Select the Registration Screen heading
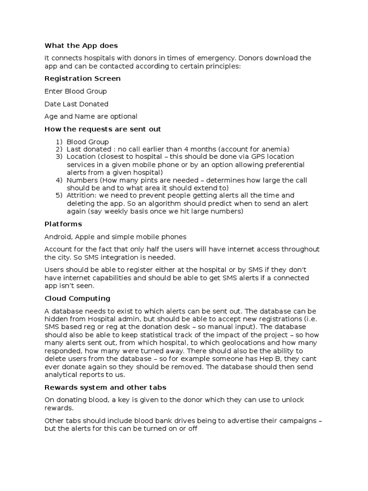[82, 78]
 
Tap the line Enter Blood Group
[76, 91]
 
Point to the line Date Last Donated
[76, 104]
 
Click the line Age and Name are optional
[91, 117]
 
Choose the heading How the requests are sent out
[103, 129]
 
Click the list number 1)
[59, 142]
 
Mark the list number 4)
[59, 180]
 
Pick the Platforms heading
[63, 224]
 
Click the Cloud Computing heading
[77, 298]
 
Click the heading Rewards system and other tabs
[105, 387]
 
